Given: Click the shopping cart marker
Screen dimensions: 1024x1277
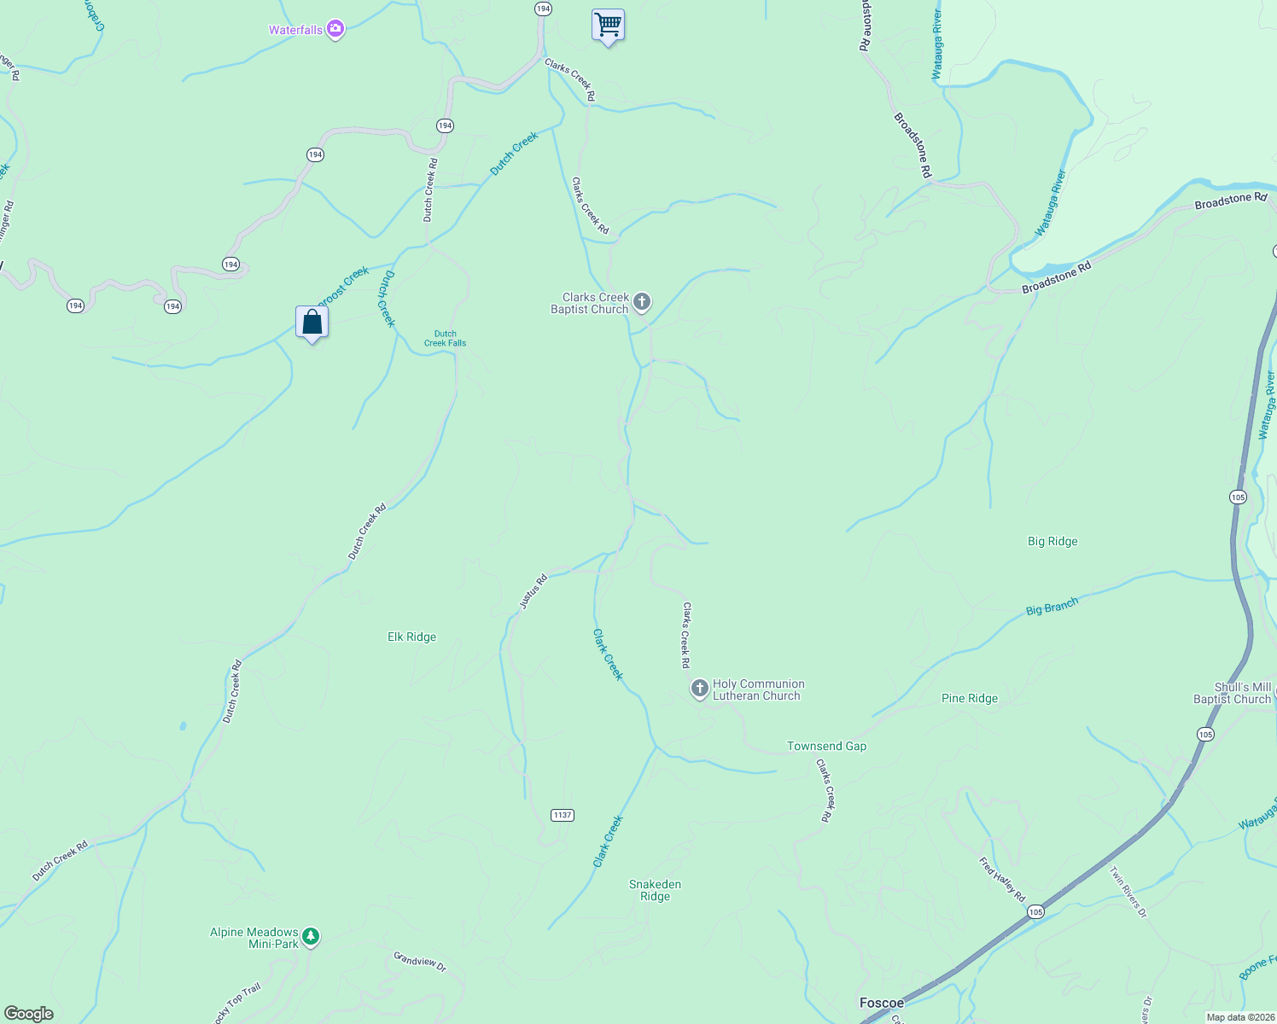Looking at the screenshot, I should pyautogui.click(x=608, y=25).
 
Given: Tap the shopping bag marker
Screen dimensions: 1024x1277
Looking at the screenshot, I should pyautogui.click(x=312, y=322).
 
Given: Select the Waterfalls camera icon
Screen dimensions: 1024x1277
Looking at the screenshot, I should pyautogui.click(x=335, y=30).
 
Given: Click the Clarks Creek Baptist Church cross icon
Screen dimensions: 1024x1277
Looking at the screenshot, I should pyautogui.click(x=642, y=302).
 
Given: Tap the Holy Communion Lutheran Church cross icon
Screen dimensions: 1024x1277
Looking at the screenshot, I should pyautogui.click(x=699, y=689).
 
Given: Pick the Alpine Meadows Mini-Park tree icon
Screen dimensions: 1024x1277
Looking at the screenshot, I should pyautogui.click(x=312, y=937).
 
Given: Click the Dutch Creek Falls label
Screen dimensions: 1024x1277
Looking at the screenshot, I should pyautogui.click(x=445, y=339).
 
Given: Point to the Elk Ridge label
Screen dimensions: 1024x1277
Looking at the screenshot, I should pyautogui.click(x=411, y=637).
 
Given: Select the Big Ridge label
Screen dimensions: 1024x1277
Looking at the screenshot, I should pyautogui.click(x=1052, y=541).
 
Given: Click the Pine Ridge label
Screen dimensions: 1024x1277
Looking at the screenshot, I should pyautogui.click(x=969, y=698).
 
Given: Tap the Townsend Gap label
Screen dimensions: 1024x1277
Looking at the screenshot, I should pyautogui.click(x=826, y=746).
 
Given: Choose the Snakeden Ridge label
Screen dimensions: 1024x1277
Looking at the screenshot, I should pyautogui.click(x=655, y=890).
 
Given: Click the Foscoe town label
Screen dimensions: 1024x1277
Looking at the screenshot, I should pyautogui.click(x=881, y=1003).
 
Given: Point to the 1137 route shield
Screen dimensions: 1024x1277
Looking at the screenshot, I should pyautogui.click(x=562, y=815).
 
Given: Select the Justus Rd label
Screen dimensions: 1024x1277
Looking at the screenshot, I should pyautogui.click(x=533, y=592).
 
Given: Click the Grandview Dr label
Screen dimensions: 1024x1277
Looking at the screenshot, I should pyautogui.click(x=419, y=961).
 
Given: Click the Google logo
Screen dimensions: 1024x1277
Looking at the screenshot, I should pyautogui.click(x=29, y=1013).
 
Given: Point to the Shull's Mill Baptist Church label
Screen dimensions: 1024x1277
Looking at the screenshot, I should pyautogui.click(x=1232, y=693).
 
